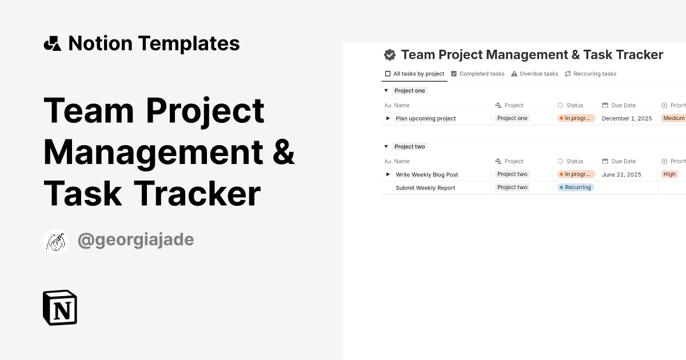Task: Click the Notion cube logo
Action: click(x=60, y=308)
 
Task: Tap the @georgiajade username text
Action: click(x=135, y=240)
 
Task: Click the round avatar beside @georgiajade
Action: click(x=56, y=242)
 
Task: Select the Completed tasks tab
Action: click(x=478, y=74)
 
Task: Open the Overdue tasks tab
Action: click(x=535, y=74)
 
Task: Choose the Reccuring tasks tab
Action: click(x=591, y=74)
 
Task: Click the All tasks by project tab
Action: click(x=414, y=74)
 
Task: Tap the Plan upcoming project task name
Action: click(x=425, y=118)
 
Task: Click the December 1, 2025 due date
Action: click(x=627, y=118)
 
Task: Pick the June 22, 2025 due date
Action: click(x=621, y=174)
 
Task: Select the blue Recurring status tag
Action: click(x=576, y=187)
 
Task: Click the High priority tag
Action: click(x=669, y=174)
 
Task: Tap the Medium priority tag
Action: click(x=673, y=118)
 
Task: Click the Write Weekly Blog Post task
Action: click(x=426, y=174)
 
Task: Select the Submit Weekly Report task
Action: click(x=425, y=187)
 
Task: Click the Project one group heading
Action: click(x=410, y=90)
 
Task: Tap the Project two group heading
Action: click(x=410, y=146)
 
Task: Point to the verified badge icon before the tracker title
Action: click(x=390, y=55)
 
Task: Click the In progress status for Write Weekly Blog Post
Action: click(x=576, y=174)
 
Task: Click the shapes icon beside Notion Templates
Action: click(x=53, y=43)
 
